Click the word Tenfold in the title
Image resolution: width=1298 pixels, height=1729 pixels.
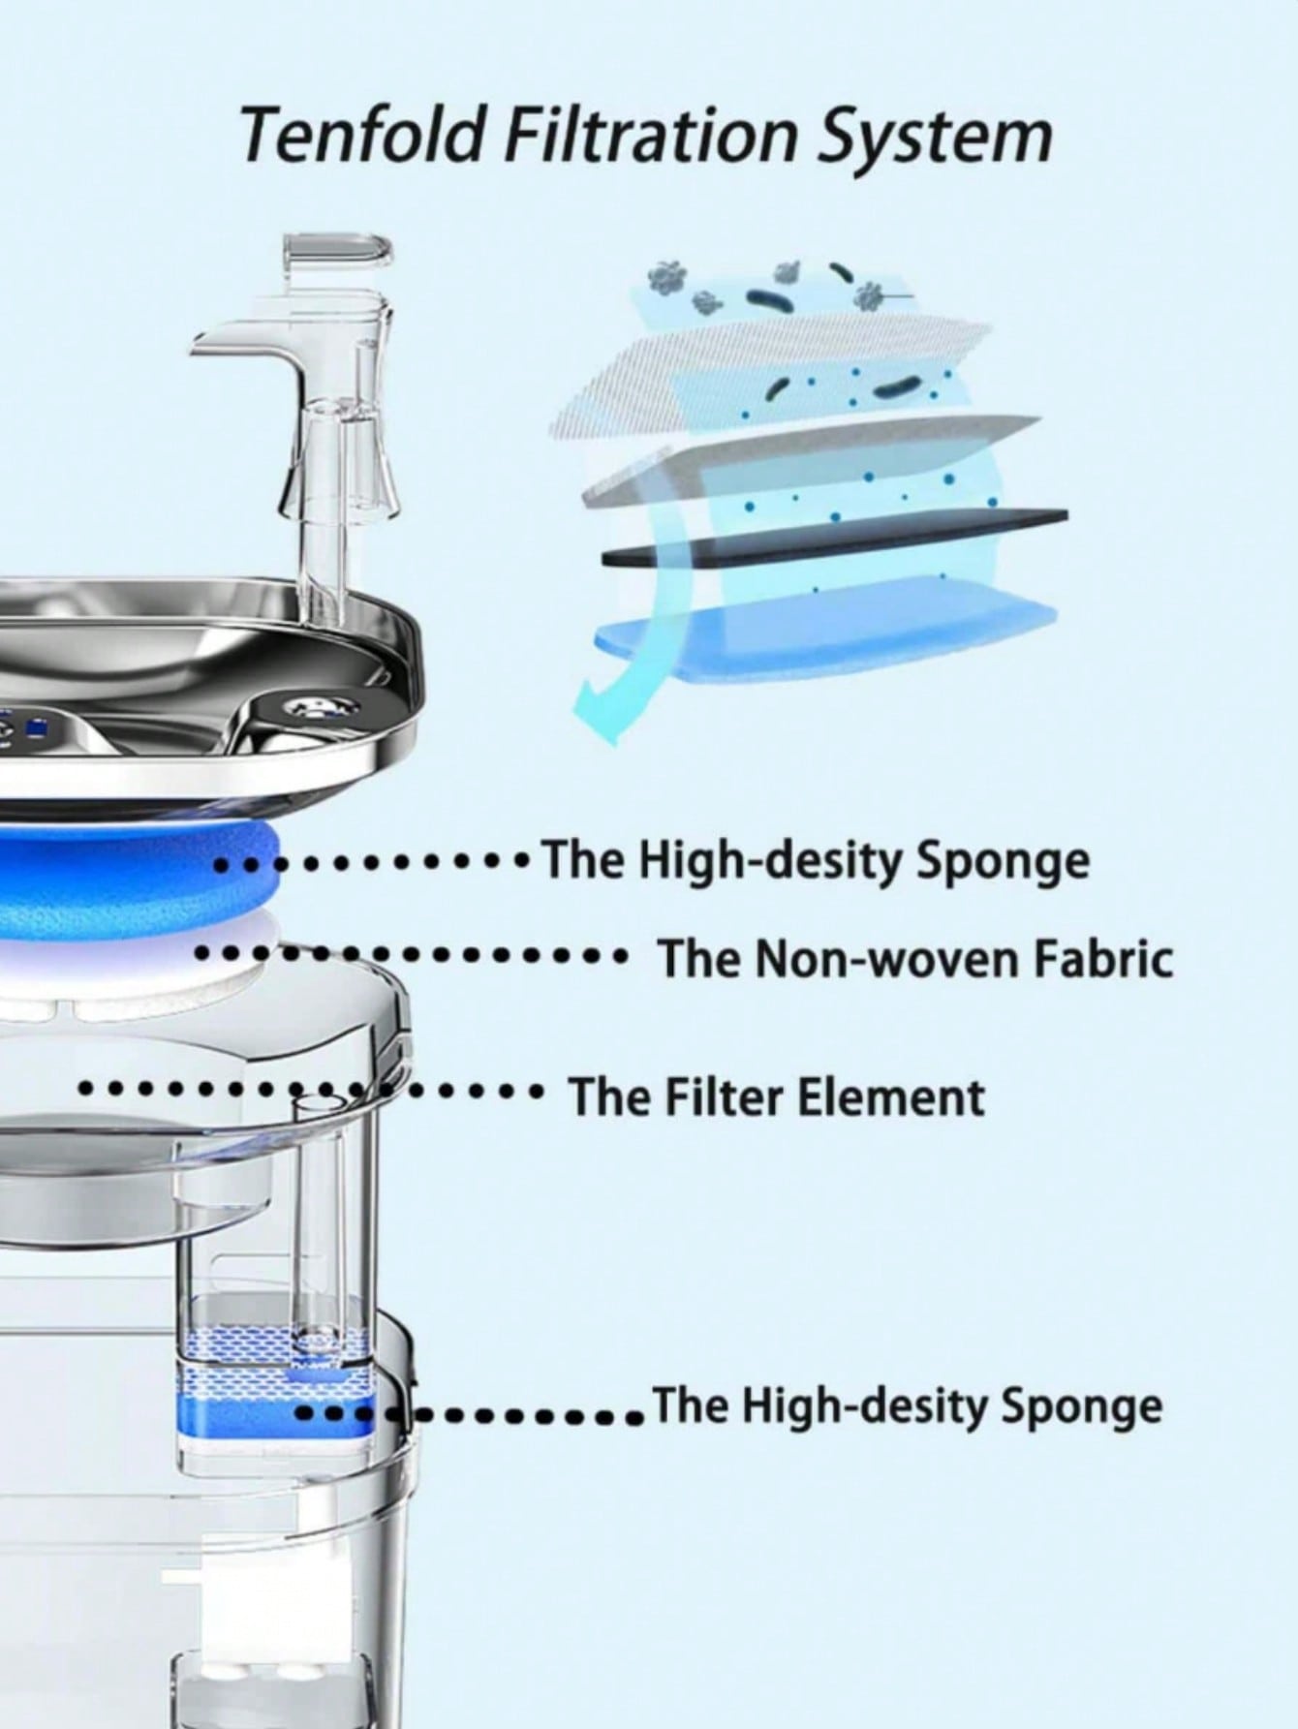pos(360,136)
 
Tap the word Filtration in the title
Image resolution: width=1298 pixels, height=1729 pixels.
pos(652,136)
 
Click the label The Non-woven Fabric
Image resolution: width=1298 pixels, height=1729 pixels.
pos(915,959)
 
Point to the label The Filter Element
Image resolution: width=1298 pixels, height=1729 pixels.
pos(776,1096)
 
